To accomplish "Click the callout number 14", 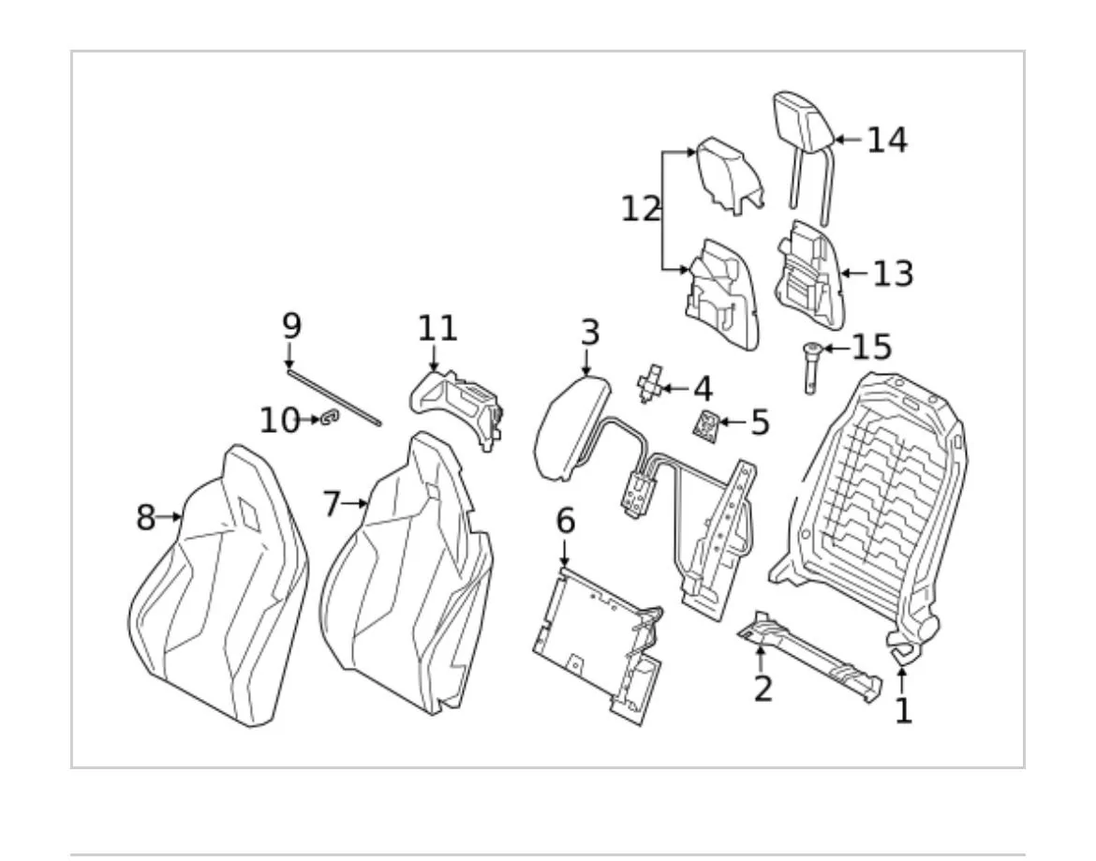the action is [x=887, y=140].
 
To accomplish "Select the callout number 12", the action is [x=641, y=209].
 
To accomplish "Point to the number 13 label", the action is [x=894, y=274].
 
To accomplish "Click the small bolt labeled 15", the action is [x=811, y=367].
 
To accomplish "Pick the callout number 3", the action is [x=591, y=333].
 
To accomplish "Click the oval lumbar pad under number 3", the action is [x=571, y=429].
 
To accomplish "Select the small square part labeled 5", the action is [x=706, y=425].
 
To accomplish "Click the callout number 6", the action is [x=566, y=521].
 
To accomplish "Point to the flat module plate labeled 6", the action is [x=598, y=643].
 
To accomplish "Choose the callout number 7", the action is [x=332, y=504].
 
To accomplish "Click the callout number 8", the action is [x=145, y=518].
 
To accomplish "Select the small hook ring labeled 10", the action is [x=329, y=419].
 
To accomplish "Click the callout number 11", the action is [x=437, y=329].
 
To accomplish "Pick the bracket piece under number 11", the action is [x=456, y=407].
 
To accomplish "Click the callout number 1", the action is [x=904, y=711].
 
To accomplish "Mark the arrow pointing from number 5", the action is [x=733, y=423].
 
